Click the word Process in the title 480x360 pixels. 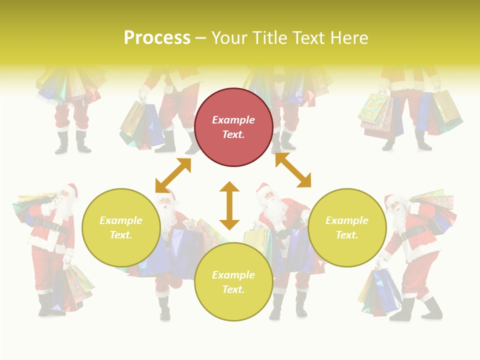pyautogui.click(x=157, y=38)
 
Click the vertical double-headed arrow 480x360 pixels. pyautogui.click(x=229, y=205)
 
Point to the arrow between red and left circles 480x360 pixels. pyautogui.click(x=173, y=175)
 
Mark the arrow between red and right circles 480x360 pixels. pyautogui.click(x=293, y=170)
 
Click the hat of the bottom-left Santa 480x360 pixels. pyautogui.click(x=71, y=189)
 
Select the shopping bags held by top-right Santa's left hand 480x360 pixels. pyautogui.click(x=375, y=115)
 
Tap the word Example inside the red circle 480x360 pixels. pyautogui.click(x=233, y=120)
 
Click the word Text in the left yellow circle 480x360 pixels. pyautogui.click(x=120, y=235)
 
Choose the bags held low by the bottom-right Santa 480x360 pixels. pyautogui.click(x=380, y=292)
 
